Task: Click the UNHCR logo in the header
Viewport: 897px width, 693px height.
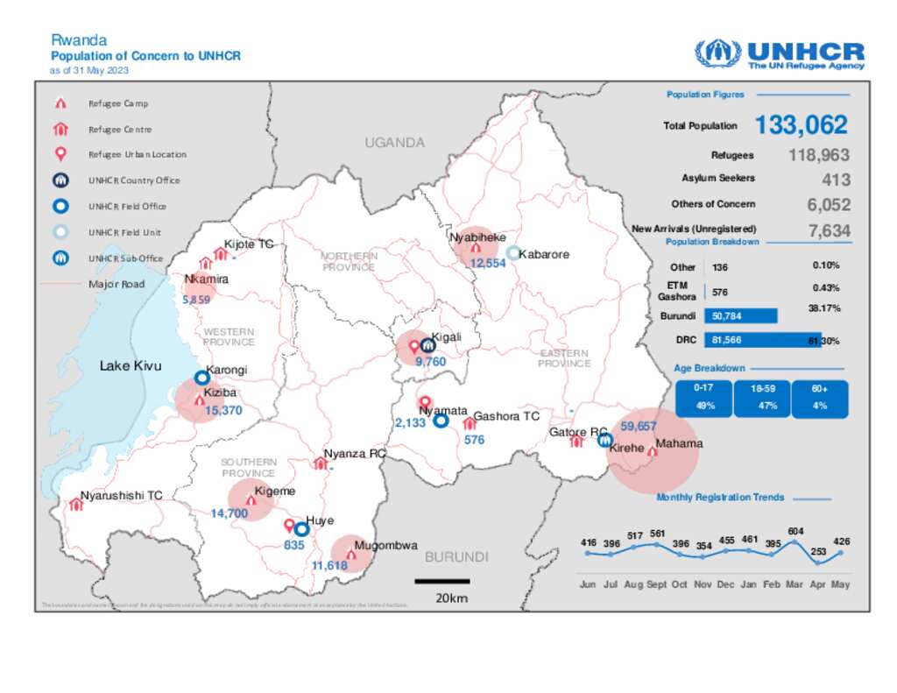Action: [779, 54]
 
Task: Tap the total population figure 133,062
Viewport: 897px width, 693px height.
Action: [801, 125]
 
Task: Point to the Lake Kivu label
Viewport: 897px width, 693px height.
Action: [131, 365]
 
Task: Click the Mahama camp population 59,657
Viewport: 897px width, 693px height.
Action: [639, 426]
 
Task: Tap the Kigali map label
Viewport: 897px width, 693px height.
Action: [446, 337]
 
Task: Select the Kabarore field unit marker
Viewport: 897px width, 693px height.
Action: [512, 253]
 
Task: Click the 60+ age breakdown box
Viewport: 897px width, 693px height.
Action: [819, 399]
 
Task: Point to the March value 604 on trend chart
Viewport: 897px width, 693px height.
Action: [795, 531]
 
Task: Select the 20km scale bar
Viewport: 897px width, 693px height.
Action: [441, 581]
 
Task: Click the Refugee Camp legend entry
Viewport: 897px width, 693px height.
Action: [118, 103]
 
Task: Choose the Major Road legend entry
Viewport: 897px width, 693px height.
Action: [116, 284]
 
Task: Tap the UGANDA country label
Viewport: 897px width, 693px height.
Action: [394, 142]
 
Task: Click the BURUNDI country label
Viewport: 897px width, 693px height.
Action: [456, 556]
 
